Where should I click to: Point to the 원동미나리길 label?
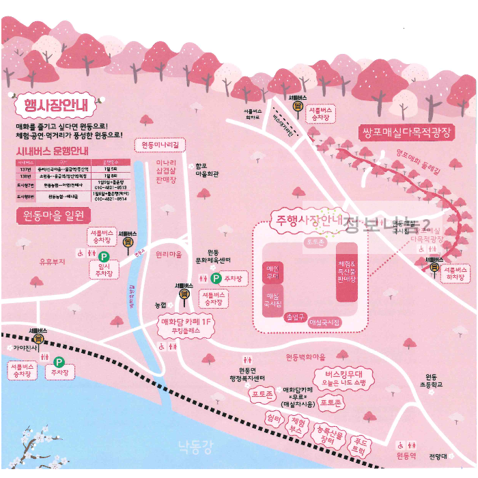click(160, 145)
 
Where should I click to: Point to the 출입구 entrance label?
click(294, 317)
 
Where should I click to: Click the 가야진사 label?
click(24, 348)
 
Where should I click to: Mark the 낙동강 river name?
click(195, 447)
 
